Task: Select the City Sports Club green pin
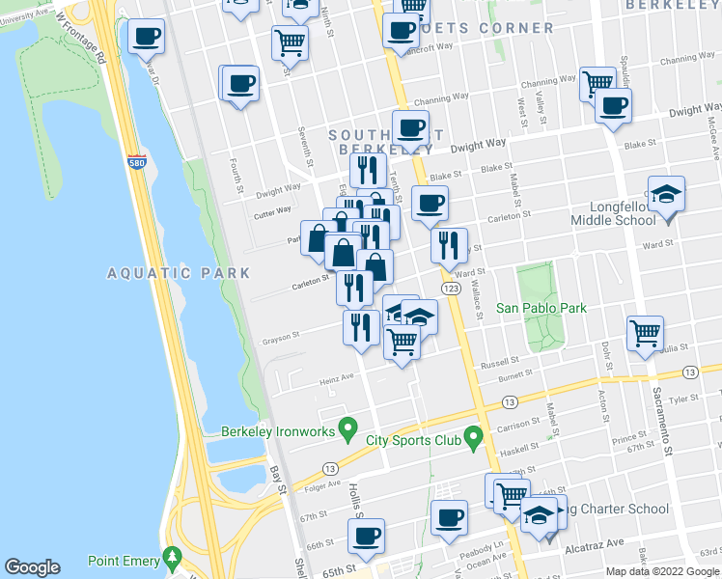[x=473, y=439]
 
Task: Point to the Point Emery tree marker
[x=173, y=559]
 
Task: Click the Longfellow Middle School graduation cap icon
[x=666, y=195]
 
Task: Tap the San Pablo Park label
[x=541, y=309]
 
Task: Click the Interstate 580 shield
[x=137, y=163]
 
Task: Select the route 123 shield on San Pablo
[x=450, y=289]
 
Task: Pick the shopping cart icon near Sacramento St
[x=645, y=334]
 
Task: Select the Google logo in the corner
[x=33, y=567]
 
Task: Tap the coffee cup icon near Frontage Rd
[x=146, y=37]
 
